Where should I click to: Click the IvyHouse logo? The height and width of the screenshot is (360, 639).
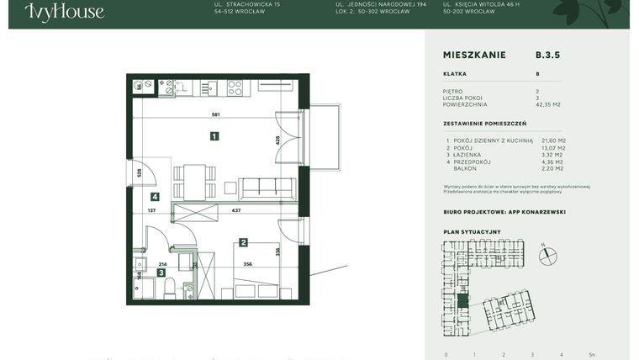[x=64, y=12]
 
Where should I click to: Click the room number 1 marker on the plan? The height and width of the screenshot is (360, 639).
[x=214, y=136]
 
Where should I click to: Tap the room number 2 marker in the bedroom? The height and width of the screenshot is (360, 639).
[x=243, y=242]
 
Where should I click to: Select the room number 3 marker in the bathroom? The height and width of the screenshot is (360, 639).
[x=161, y=273]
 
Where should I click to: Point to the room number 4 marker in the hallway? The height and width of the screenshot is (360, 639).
[x=155, y=196]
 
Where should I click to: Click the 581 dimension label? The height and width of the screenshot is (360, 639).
[x=216, y=114]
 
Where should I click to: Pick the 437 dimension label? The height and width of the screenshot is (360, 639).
[x=236, y=210]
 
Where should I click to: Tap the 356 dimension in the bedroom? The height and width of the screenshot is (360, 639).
[x=248, y=263]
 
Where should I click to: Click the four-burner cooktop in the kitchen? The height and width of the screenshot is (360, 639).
[x=235, y=87]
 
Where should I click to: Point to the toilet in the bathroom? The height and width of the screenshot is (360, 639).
[x=170, y=290]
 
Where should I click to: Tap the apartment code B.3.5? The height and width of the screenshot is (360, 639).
[x=547, y=55]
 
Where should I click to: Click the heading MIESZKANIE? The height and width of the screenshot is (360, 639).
[x=474, y=55]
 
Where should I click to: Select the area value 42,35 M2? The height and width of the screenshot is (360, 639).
[x=548, y=105]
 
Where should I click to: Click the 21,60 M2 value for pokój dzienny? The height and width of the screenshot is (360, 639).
[x=553, y=140]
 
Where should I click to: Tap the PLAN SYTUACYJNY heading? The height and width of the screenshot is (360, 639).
[x=472, y=231]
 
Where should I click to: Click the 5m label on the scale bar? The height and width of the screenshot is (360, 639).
[x=592, y=355]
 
